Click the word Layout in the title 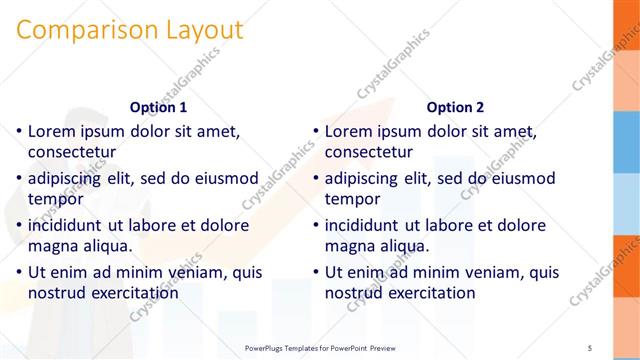pos(199,30)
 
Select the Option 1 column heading pos(159,107)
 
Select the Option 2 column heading pos(455,107)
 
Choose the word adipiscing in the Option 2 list pos(367,178)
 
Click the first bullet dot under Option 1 pos(19,132)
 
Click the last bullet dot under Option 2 pos(315,273)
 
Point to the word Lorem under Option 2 pos(349,131)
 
